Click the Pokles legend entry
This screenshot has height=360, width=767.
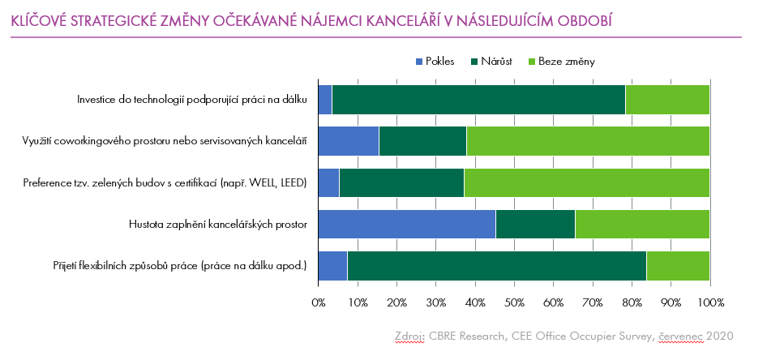(x=434, y=61)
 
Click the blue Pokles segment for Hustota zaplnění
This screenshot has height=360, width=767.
(x=406, y=224)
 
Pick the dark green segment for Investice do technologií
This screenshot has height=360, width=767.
(x=478, y=99)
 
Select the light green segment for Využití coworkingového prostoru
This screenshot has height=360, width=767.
(x=588, y=140)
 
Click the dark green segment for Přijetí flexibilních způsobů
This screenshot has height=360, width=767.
(x=496, y=265)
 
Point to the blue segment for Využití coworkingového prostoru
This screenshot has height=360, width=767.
(x=348, y=140)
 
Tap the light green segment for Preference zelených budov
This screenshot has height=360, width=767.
(x=586, y=182)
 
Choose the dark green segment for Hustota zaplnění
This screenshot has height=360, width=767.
(x=535, y=224)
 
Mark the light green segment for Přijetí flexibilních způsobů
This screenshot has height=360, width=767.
(x=678, y=265)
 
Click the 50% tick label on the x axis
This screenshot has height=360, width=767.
(x=514, y=302)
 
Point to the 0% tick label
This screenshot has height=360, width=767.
(x=319, y=302)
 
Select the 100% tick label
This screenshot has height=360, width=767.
(x=710, y=302)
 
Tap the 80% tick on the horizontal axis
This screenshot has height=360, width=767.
(x=632, y=302)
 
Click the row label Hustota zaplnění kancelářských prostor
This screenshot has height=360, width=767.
(x=217, y=224)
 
